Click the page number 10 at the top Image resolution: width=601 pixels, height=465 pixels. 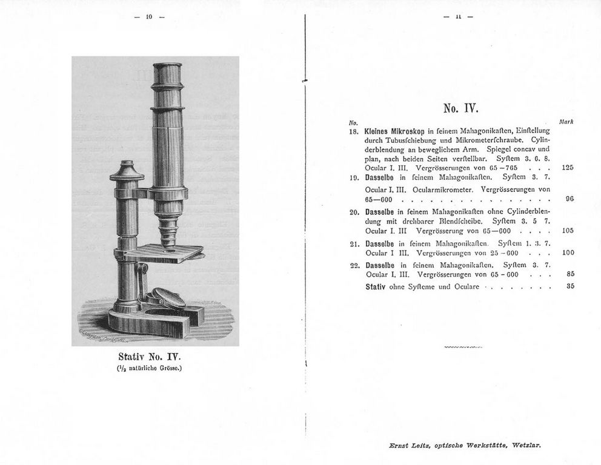point(148,17)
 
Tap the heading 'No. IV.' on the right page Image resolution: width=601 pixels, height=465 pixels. point(460,110)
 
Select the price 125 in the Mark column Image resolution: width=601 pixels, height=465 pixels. point(568,167)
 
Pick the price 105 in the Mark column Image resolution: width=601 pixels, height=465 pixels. point(568,231)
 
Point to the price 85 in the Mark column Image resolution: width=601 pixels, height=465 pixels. point(570,273)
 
